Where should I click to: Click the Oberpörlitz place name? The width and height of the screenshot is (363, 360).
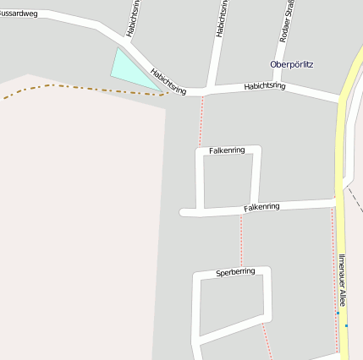(292, 64)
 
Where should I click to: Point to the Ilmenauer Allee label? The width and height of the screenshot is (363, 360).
(342, 279)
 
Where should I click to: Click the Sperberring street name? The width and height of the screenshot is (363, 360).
(234, 272)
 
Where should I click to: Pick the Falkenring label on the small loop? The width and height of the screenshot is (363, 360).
(226, 150)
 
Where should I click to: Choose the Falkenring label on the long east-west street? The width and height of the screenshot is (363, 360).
(261, 207)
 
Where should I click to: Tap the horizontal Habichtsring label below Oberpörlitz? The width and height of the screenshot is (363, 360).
(264, 86)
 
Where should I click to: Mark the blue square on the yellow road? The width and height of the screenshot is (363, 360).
(346, 325)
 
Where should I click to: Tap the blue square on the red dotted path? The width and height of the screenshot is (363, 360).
(337, 313)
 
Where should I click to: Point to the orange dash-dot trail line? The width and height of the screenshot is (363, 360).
(76, 87)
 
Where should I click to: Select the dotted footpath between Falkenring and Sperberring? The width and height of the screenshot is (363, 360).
(241, 240)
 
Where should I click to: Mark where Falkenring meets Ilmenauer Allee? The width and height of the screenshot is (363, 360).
(337, 203)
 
